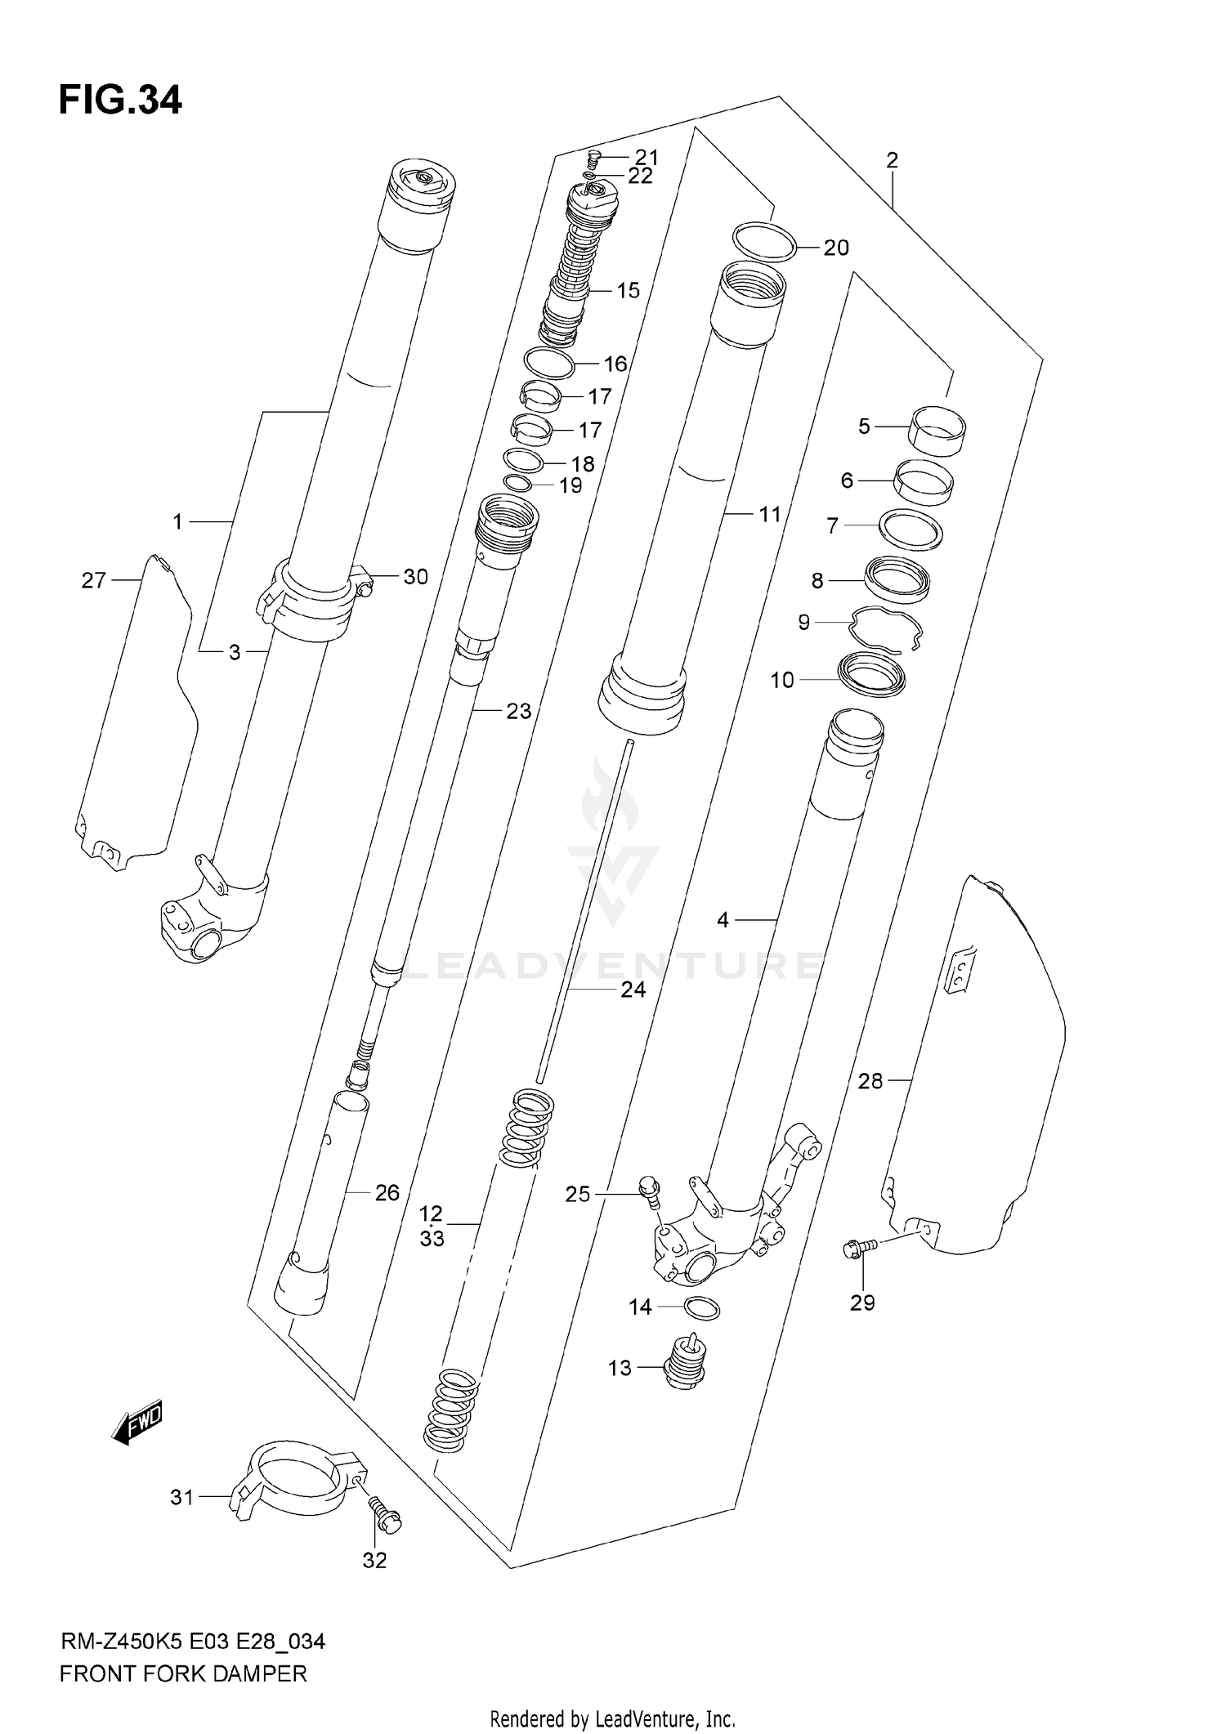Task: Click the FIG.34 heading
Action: click(x=120, y=101)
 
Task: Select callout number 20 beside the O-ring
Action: click(x=835, y=248)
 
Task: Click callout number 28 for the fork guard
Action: click(x=870, y=1081)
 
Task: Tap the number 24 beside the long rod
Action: click(x=633, y=990)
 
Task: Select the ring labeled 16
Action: click(x=548, y=362)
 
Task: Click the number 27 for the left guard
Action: click(x=94, y=580)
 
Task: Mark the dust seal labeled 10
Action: click(x=873, y=674)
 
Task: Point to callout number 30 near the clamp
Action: click(x=415, y=577)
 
